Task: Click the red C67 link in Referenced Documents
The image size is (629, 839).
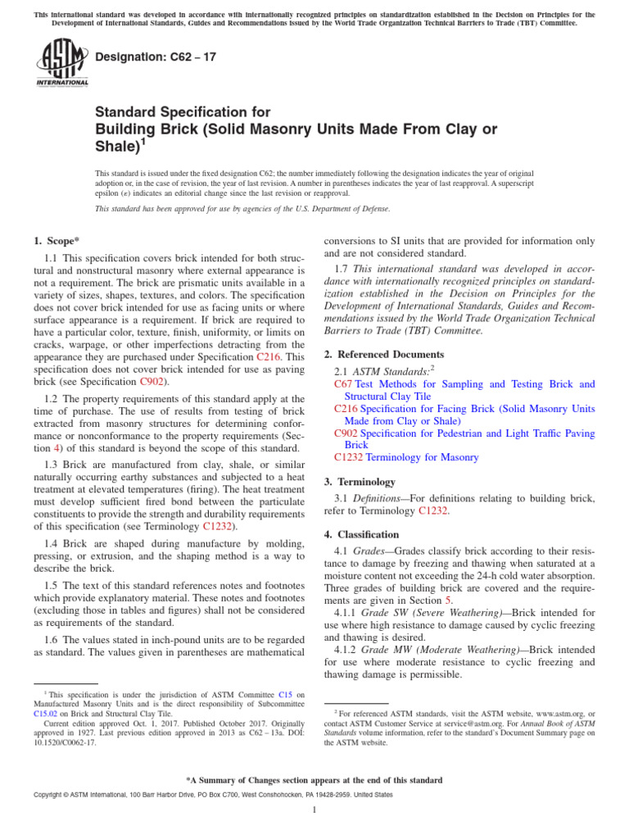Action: (344, 384)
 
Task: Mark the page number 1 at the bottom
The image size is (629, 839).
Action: (314, 810)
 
